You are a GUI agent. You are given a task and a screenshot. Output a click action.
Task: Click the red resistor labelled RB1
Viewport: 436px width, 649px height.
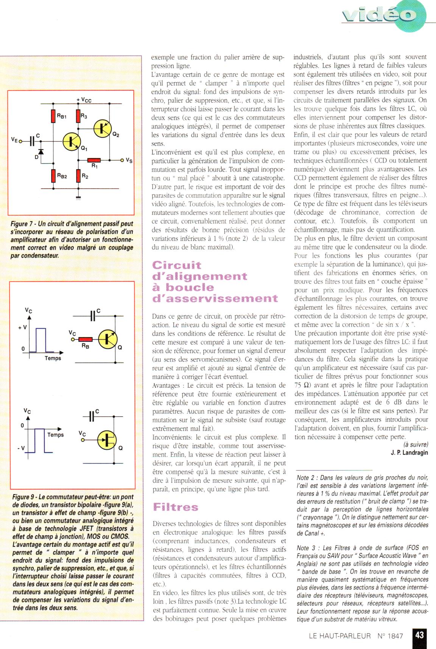pos(53,116)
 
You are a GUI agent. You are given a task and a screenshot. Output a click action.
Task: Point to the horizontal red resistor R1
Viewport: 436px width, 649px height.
pos(94,160)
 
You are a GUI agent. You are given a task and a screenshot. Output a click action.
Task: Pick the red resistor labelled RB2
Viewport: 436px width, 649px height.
pos(53,176)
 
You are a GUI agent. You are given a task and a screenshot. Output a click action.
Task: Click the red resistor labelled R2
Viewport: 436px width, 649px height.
pos(78,176)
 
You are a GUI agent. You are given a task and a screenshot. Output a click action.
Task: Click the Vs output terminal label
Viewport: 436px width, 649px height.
pos(129,160)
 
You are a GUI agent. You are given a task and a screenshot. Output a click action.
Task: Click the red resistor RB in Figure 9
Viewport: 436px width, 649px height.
pos(86,339)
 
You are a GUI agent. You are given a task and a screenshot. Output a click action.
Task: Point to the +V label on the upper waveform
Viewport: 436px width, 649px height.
pos(22,327)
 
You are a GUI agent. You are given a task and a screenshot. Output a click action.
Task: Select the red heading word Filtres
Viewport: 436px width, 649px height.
pos(175,507)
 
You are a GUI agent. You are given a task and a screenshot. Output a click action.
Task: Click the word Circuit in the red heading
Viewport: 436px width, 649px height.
pos(176,265)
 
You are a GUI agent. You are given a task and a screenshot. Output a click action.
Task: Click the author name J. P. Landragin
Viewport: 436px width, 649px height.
pos(409,453)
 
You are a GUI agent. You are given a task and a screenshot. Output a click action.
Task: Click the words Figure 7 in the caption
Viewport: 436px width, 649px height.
pos(23,224)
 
